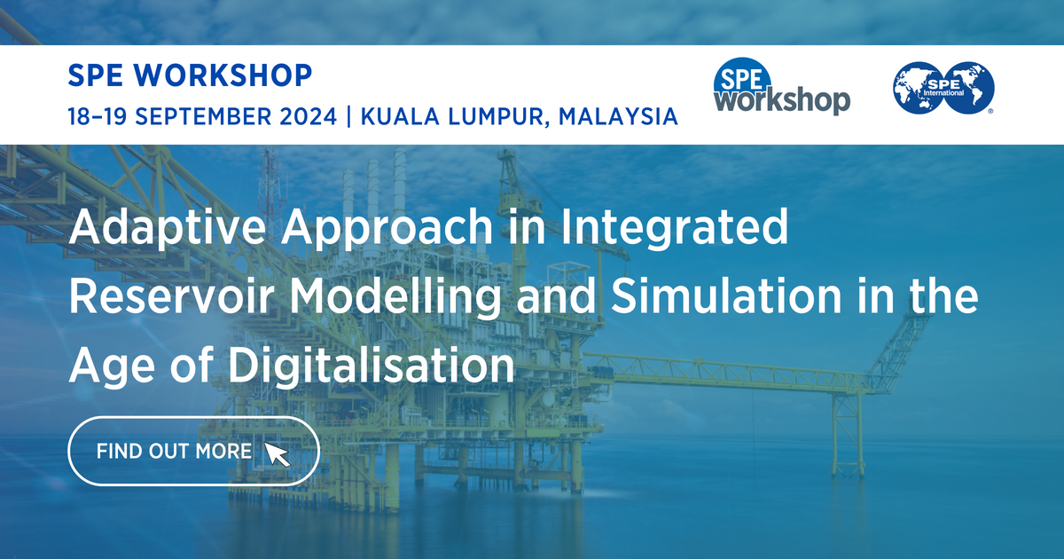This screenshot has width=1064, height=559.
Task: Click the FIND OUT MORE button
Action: (193, 451)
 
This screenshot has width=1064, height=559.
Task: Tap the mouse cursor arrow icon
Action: (278, 453)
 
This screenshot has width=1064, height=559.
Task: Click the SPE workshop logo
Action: (781, 90)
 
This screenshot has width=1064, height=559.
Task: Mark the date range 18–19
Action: (98, 116)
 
